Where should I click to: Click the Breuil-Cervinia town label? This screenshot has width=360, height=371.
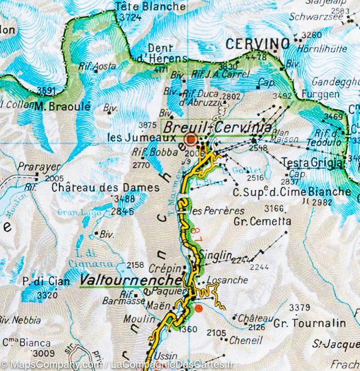pyautogui.click(x=218, y=126)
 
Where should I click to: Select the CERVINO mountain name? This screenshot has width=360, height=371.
pyautogui.click(x=257, y=43)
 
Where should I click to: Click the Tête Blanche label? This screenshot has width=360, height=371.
pyautogui.click(x=150, y=7)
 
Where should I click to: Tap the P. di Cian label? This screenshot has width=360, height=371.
pyautogui.click(x=46, y=282)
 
